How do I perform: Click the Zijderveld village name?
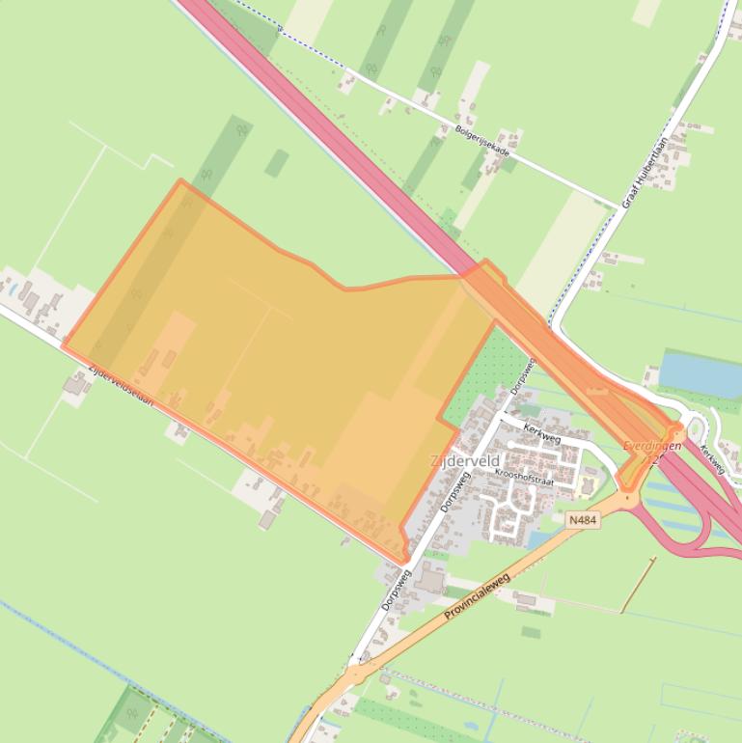465,462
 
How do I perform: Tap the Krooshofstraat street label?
526,476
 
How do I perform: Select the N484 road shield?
583,520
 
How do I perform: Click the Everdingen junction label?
652,446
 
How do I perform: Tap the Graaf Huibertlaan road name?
646,173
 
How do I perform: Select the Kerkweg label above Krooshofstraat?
541,433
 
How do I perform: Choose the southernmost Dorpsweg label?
396,590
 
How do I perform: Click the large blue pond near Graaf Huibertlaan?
701,374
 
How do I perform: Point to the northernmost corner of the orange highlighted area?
180,180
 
